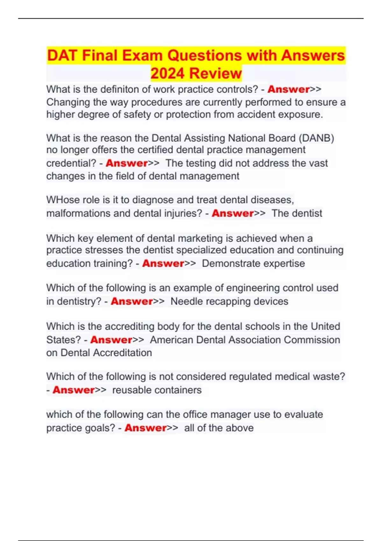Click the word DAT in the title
coord(62,56)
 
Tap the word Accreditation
coord(122,353)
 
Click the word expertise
coord(285,263)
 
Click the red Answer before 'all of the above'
coord(145,428)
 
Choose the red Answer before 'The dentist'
coord(233,213)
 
